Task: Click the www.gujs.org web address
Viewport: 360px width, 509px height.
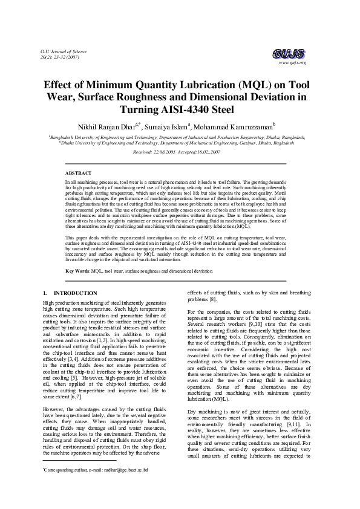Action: click(x=293, y=63)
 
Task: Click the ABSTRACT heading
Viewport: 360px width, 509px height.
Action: click(x=78, y=173)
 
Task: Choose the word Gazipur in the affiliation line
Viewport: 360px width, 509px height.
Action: click(x=250, y=143)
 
